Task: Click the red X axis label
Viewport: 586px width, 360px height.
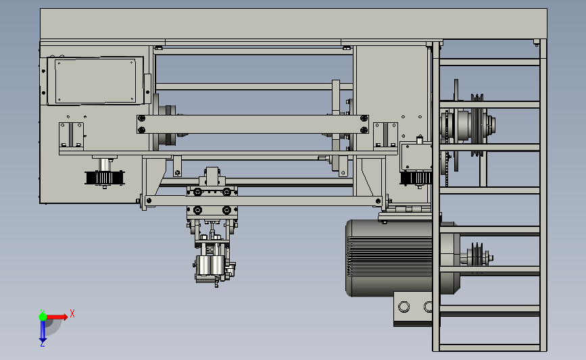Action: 72,313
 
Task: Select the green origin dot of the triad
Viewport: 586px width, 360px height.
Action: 43,317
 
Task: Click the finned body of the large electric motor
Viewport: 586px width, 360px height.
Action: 389,258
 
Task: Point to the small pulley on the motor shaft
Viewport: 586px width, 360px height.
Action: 477,256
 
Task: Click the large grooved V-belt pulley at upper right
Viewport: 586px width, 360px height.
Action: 477,125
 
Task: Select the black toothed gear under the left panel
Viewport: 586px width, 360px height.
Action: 105,178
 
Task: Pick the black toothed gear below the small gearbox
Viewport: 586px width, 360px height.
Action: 416,178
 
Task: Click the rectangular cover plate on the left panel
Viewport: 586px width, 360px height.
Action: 95,80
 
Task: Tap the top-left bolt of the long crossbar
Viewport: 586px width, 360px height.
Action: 142,119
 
